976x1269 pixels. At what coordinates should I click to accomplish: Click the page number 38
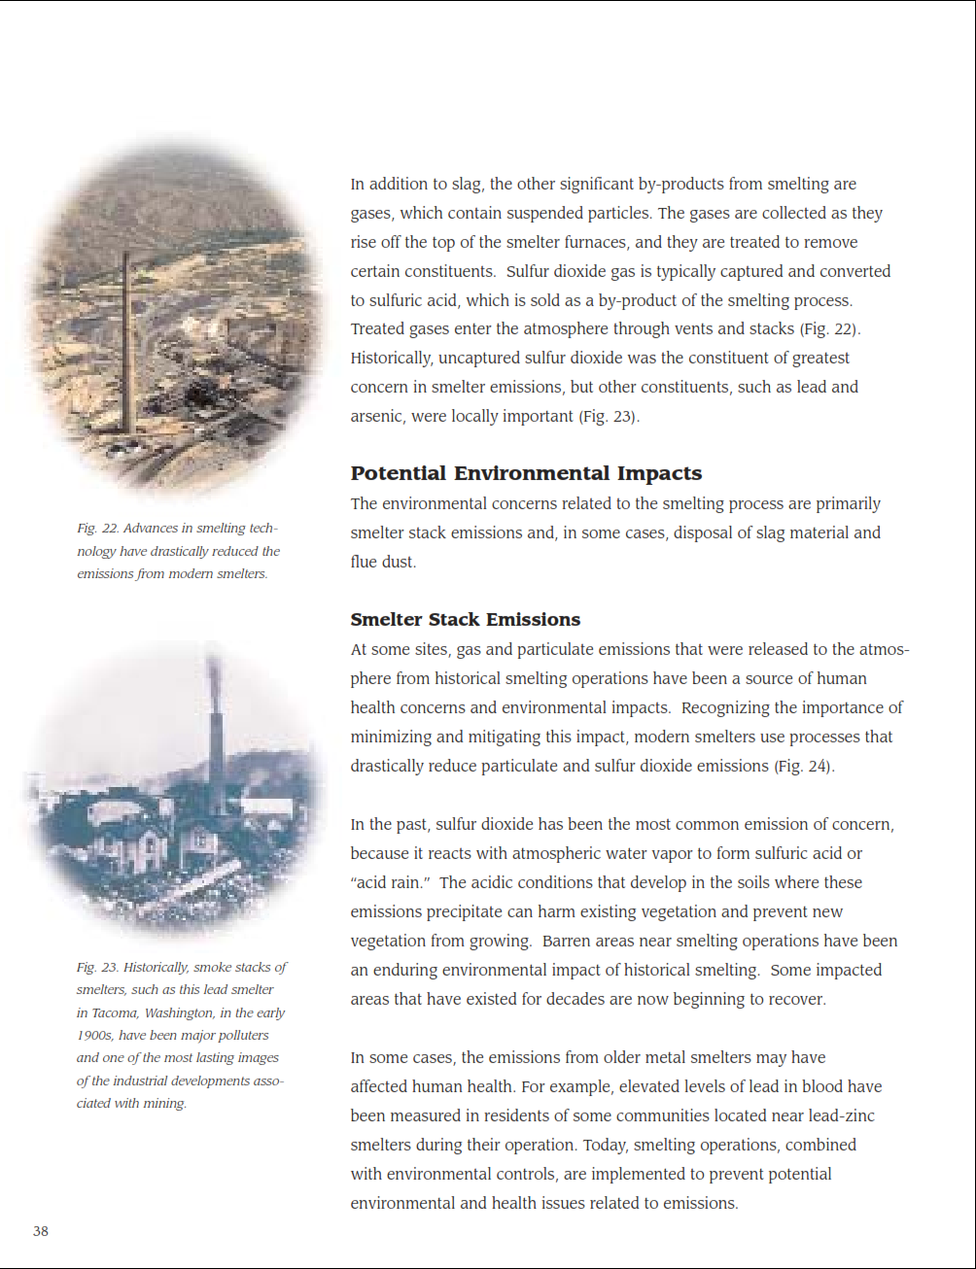(x=41, y=1231)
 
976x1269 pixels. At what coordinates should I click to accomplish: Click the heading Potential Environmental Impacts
(x=526, y=473)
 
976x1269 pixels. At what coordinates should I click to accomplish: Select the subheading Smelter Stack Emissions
(x=465, y=619)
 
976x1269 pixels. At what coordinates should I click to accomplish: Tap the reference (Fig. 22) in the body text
(x=829, y=328)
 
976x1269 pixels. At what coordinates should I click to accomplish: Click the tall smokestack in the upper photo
(x=125, y=340)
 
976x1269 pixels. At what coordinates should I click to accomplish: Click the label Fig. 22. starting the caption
(x=97, y=529)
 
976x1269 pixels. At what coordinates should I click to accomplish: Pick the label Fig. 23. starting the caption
(x=97, y=968)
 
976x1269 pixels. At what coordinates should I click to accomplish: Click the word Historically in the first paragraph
(x=392, y=358)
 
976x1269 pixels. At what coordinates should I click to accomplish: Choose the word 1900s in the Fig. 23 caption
(x=94, y=1035)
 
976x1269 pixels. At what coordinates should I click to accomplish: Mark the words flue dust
(x=383, y=562)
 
